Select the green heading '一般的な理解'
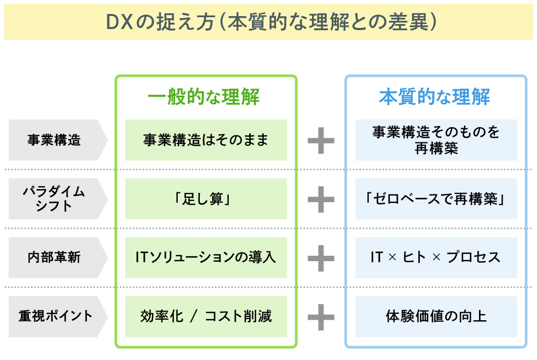point(206,97)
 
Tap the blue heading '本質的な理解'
point(436,97)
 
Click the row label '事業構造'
point(54,140)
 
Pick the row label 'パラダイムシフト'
point(54,199)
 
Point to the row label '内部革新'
point(54,257)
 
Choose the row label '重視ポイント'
point(54,316)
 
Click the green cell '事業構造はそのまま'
point(206,140)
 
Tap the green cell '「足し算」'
point(206,199)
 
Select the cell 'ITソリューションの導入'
point(206,257)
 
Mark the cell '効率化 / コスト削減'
point(206,316)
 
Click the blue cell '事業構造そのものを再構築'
point(436,140)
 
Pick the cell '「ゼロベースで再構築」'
point(436,199)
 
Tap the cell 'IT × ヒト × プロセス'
point(436,257)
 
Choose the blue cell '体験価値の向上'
point(436,316)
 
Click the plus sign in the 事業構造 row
point(321,140)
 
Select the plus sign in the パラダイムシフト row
point(321,199)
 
